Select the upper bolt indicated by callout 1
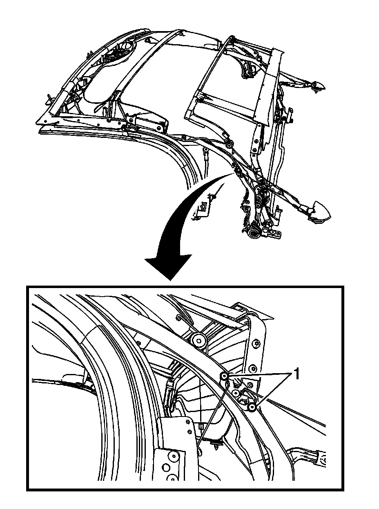coord(224,376)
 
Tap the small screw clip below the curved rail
coord(215,442)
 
